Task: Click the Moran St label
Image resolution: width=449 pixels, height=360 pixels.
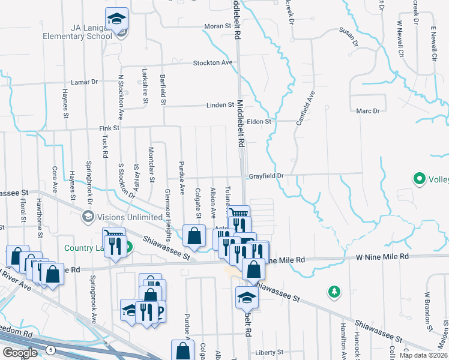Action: (x=217, y=26)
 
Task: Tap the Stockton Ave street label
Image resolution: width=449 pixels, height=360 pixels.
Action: (x=212, y=63)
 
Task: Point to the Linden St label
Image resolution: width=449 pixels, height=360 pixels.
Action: (x=220, y=105)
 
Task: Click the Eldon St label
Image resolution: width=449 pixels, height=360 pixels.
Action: (x=260, y=121)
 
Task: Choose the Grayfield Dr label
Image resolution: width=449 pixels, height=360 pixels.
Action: (x=265, y=176)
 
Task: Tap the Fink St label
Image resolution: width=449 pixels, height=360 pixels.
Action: (x=109, y=128)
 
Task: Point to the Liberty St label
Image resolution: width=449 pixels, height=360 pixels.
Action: (x=268, y=352)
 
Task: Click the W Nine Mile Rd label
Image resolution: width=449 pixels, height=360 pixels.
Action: (x=382, y=257)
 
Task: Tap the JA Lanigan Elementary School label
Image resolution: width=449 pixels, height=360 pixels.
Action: (x=77, y=31)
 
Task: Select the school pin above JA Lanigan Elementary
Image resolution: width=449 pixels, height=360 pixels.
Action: (x=116, y=19)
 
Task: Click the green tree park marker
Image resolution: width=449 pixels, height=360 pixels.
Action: (x=334, y=292)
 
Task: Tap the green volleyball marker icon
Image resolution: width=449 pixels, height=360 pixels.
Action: (x=418, y=178)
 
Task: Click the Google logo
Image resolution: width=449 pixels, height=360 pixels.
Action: (x=20, y=353)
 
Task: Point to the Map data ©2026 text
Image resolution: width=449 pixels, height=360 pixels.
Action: (x=423, y=355)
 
